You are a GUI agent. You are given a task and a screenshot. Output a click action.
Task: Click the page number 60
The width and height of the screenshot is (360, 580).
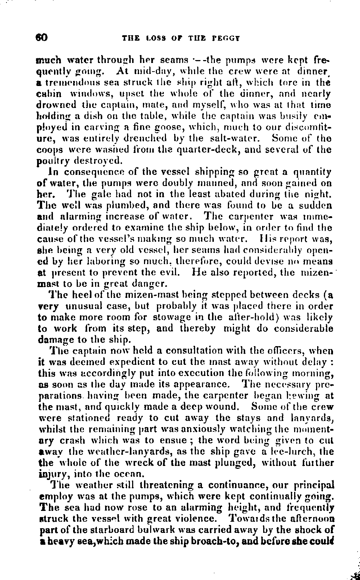coord(42,37)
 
